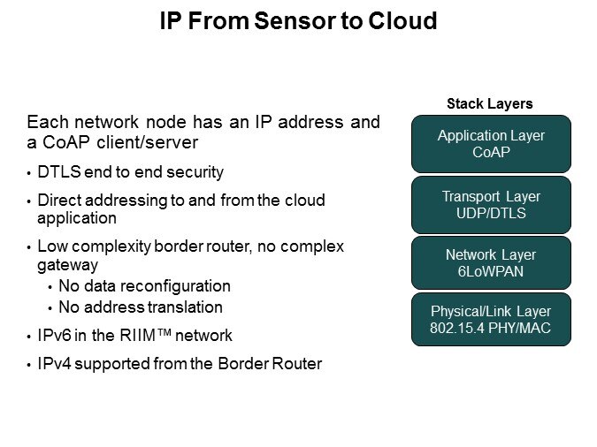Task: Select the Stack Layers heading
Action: click(x=490, y=104)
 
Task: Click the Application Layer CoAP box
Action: click(x=491, y=143)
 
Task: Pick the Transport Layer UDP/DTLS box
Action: click(x=491, y=204)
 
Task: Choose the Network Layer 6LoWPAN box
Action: click(x=491, y=262)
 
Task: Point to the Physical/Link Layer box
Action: click(x=491, y=319)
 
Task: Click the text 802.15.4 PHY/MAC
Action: click(x=491, y=328)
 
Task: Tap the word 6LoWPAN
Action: click(x=491, y=271)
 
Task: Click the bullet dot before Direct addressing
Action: click(x=28, y=202)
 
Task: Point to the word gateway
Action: click(x=65, y=263)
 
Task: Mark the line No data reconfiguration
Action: click(x=144, y=286)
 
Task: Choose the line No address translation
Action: click(x=140, y=307)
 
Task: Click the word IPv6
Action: click(x=56, y=336)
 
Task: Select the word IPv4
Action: click(x=56, y=363)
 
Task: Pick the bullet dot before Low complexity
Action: click(x=28, y=247)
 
